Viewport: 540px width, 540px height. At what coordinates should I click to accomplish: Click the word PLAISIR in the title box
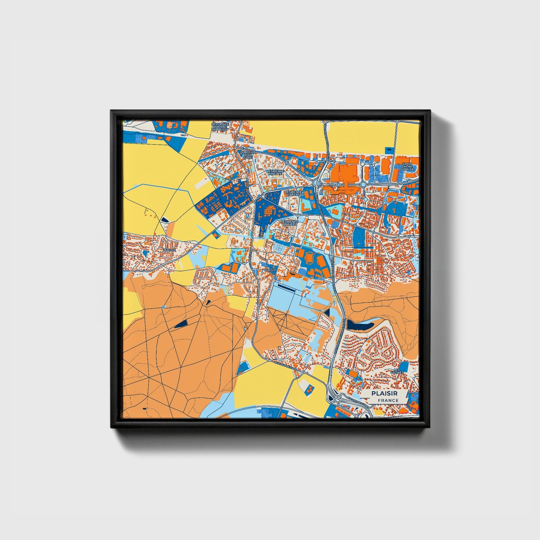[x=384, y=394]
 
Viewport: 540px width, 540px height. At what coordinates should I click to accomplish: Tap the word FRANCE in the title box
[x=388, y=400]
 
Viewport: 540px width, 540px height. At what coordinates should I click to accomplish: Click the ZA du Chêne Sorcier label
[x=407, y=166]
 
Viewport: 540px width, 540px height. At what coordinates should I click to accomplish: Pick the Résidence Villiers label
[x=293, y=193]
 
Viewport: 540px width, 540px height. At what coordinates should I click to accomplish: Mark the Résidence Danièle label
[x=289, y=222]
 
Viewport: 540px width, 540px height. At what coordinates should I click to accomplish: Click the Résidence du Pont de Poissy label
[x=220, y=126]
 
